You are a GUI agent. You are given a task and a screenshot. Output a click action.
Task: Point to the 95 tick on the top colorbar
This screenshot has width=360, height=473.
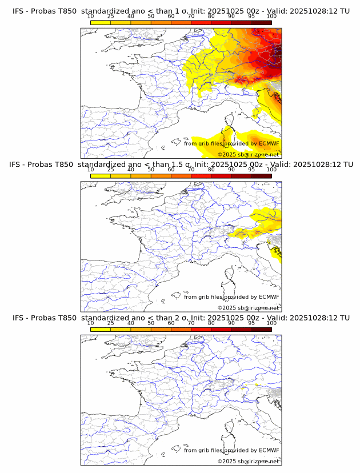(x=251, y=16)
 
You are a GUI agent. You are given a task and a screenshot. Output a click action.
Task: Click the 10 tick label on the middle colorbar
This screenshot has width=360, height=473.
(x=91, y=170)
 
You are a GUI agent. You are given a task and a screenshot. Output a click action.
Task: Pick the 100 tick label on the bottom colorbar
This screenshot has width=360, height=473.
(x=271, y=323)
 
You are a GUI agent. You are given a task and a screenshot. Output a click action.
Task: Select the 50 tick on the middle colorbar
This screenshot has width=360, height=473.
(x=151, y=170)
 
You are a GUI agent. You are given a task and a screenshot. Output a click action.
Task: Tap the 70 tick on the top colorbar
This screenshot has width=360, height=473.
(x=191, y=16)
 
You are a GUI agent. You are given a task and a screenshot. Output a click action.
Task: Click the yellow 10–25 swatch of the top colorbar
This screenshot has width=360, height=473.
(x=101, y=22)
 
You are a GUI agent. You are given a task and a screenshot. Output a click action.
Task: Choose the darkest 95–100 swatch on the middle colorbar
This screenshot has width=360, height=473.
(x=261, y=175)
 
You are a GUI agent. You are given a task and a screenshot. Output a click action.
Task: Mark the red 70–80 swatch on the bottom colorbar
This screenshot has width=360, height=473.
(x=201, y=328)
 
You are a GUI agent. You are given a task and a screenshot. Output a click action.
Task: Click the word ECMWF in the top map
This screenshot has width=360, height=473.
(x=269, y=144)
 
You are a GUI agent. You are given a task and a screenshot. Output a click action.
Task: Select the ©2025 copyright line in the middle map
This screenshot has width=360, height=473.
(x=248, y=308)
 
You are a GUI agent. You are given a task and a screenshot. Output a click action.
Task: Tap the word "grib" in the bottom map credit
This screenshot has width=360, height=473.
(x=205, y=450)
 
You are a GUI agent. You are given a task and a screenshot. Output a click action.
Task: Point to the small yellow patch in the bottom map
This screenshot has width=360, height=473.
(x=243, y=387)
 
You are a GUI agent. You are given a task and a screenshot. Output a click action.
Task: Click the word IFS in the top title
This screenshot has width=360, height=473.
(x=19, y=11)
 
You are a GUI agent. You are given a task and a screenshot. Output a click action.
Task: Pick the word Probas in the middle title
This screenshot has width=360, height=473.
(x=43, y=165)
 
